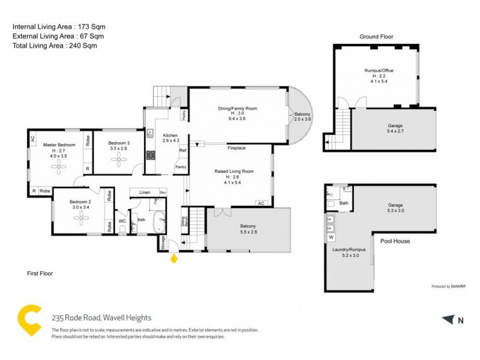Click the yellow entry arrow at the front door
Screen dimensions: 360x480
click(175, 259)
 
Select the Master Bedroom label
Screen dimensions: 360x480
click(59, 145)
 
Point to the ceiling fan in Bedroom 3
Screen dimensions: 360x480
click(118, 158)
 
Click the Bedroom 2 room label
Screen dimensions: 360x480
click(80, 202)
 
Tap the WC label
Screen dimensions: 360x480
click(122, 221)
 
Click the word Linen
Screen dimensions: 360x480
click(144, 193)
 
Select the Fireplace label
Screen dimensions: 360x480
click(236, 147)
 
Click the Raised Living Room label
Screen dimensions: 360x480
click(234, 171)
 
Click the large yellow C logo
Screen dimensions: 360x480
click(29, 320)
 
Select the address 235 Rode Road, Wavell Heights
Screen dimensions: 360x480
click(101, 317)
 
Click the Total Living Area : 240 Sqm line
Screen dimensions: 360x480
click(55, 45)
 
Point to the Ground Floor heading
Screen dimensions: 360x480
click(376, 37)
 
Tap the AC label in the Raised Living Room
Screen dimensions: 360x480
click(260, 203)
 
